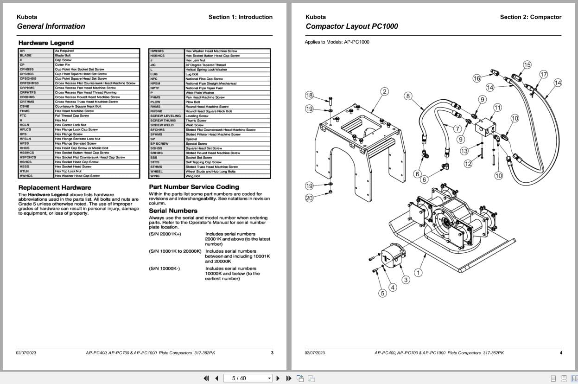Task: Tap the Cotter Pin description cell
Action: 63,64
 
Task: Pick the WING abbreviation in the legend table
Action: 155,176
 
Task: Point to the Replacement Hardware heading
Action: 55,188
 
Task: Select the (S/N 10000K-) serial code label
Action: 165,269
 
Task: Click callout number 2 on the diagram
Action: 384,91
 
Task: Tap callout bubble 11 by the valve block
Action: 497,108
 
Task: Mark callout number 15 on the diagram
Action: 527,65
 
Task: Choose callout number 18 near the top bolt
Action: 309,96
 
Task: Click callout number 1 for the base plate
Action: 418,273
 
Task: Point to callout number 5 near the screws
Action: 382,293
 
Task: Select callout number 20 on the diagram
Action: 309,198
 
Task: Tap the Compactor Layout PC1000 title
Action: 351,26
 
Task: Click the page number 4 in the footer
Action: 560,353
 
